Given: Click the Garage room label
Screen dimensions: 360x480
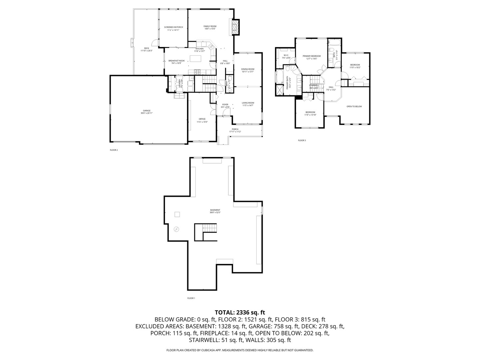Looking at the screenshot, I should click(x=147, y=112).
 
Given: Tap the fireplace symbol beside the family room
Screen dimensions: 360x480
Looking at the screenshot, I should click(x=235, y=27).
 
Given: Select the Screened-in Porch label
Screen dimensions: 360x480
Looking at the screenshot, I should click(x=173, y=28).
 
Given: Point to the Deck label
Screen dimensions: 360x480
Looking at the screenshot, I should click(x=146, y=49).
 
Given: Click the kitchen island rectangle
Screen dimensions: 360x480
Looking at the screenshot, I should click(x=196, y=59).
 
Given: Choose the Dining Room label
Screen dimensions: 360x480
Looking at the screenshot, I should click(x=248, y=70).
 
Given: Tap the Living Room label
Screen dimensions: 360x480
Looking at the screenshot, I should click(x=248, y=104).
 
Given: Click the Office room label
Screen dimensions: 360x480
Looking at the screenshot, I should click(x=202, y=120).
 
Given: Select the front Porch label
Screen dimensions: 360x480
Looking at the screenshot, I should click(x=235, y=130).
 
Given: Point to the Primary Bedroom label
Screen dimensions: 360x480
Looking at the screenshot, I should click(x=312, y=57).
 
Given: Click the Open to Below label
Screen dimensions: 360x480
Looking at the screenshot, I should click(x=354, y=106).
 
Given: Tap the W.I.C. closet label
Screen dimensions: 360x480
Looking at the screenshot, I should click(x=286, y=56).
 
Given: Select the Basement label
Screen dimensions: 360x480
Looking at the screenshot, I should click(x=215, y=211).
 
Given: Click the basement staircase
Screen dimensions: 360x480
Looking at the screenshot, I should click(x=210, y=228).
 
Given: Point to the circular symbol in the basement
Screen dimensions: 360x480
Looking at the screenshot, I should click(x=176, y=229).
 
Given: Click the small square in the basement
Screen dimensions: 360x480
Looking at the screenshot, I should click(x=178, y=214).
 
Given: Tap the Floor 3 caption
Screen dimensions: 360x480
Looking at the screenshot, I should click(x=302, y=140).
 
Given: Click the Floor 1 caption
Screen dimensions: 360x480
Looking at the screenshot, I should click(x=191, y=298).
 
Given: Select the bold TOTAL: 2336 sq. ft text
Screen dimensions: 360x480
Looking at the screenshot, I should click(x=240, y=312).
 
